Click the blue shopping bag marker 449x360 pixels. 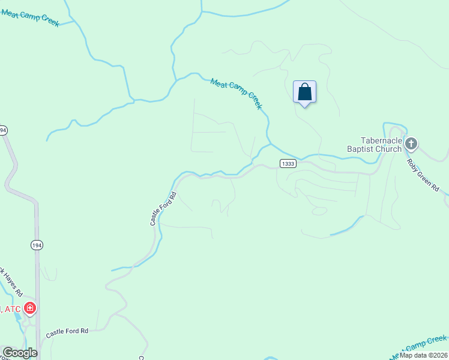click(304, 92)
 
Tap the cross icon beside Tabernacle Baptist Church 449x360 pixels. click(411, 143)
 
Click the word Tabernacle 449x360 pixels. click(376, 140)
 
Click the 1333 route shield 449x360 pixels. click(288, 163)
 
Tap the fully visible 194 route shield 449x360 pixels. click(37, 245)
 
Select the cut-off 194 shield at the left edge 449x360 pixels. click(3, 130)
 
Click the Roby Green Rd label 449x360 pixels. click(423, 175)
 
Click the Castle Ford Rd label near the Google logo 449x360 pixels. click(67, 331)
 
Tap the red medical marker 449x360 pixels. click(30, 308)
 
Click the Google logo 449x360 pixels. click(19, 353)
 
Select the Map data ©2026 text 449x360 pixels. click(423, 355)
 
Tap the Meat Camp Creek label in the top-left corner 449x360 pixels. click(30, 17)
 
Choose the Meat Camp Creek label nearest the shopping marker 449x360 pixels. click(237, 94)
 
